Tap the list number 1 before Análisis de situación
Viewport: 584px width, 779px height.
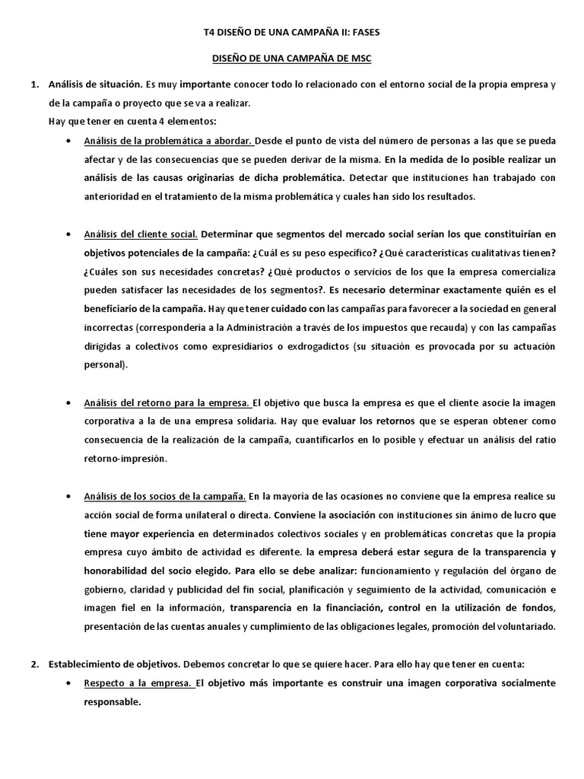(33, 84)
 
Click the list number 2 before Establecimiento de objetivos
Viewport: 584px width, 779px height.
(33, 663)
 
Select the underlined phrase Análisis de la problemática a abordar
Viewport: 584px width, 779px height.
(150, 141)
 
